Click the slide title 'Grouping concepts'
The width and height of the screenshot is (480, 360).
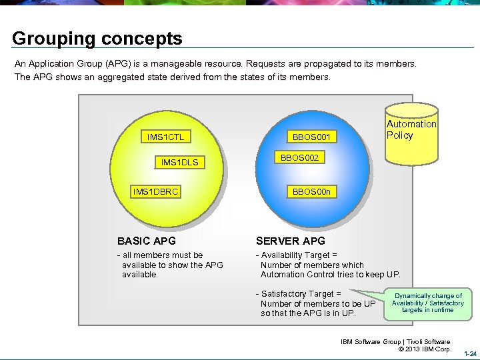[x=97, y=39]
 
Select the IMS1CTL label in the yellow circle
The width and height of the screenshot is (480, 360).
[x=165, y=137]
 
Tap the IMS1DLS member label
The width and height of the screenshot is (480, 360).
[x=179, y=162]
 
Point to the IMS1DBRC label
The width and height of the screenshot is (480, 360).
[x=156, y=192]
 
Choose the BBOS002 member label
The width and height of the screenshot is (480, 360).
[x=299, y=159]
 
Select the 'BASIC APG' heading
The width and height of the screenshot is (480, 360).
[x=147, y=241]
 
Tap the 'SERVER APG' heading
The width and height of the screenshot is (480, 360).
[x=291, y=241]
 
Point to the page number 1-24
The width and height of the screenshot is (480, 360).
[x=469, y=353]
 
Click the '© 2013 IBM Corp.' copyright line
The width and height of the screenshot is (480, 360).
[x=424, y=349]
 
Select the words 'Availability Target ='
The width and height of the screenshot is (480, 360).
[x=299, y=255]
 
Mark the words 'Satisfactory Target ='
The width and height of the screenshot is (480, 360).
[x=301, y=293]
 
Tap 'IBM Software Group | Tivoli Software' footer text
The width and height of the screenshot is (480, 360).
[x=395, y=342]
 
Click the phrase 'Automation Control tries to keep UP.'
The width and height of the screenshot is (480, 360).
[x=330, y=274]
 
